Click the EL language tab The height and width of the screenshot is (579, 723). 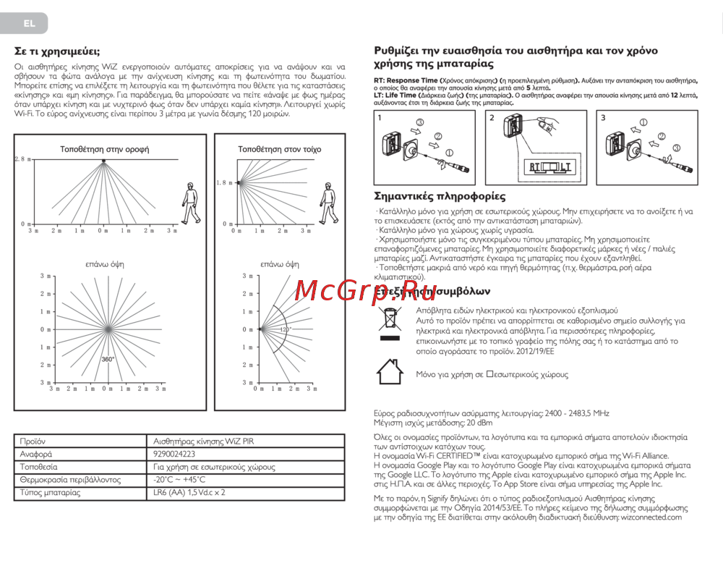(29, 23)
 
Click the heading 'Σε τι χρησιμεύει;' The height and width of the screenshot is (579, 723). (58, 51)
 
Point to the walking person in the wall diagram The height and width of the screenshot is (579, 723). (330, 202)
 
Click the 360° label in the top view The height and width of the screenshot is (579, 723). (108, 360)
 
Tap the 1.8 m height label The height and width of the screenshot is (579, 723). (225, 183)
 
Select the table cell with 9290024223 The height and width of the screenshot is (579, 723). (174, 454)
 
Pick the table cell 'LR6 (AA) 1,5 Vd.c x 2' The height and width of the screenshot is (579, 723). (189, 493)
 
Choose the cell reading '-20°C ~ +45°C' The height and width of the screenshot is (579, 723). (179, 480)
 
